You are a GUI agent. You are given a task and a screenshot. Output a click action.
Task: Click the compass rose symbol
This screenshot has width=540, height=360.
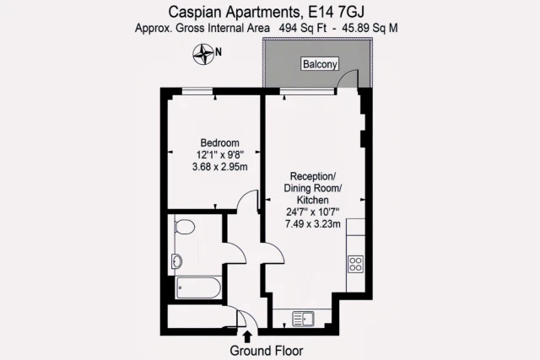(203, 55)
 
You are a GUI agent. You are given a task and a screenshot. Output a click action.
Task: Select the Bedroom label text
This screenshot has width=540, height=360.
(219, 142)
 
